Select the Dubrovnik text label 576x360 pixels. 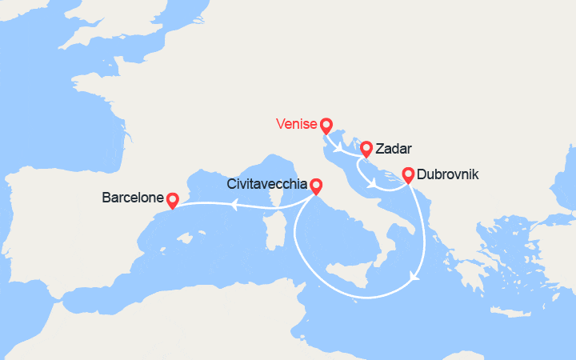click(448, 174)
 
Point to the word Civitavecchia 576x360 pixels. click(266, 184)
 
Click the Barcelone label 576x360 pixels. click(132, 197)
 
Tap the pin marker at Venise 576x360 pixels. click(326, 126)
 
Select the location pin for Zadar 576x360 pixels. click(366, 148)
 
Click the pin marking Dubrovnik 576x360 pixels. click(408, 174)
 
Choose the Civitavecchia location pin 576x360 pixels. click(316, 186)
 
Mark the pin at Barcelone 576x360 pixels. click(172, 198)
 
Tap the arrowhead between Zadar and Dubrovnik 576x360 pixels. click(374, 185)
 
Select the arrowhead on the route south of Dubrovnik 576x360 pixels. click(414, 277)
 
